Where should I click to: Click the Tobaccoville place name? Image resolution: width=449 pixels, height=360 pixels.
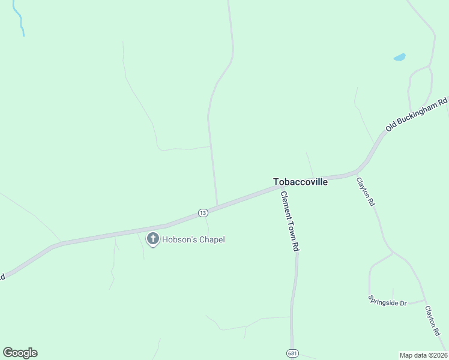300,182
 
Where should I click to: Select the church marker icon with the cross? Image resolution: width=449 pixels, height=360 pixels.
152,239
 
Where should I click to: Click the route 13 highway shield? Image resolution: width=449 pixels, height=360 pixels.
203,213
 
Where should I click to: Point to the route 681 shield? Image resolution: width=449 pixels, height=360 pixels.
292,352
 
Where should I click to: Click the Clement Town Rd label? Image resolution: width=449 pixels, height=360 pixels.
289,220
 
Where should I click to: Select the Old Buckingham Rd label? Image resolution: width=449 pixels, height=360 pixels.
417,115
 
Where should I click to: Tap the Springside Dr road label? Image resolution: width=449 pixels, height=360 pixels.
387,300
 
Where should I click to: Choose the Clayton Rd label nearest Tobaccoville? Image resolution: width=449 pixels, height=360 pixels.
365,192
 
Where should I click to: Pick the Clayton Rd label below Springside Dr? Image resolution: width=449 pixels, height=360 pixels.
433,320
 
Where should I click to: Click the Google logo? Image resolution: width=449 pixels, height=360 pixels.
20,353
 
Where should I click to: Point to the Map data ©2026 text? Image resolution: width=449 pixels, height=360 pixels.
423,355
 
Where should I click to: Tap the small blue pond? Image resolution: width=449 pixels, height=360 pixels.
399,58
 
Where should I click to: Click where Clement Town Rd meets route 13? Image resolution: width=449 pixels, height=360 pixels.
281,187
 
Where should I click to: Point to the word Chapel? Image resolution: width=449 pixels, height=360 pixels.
211,240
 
